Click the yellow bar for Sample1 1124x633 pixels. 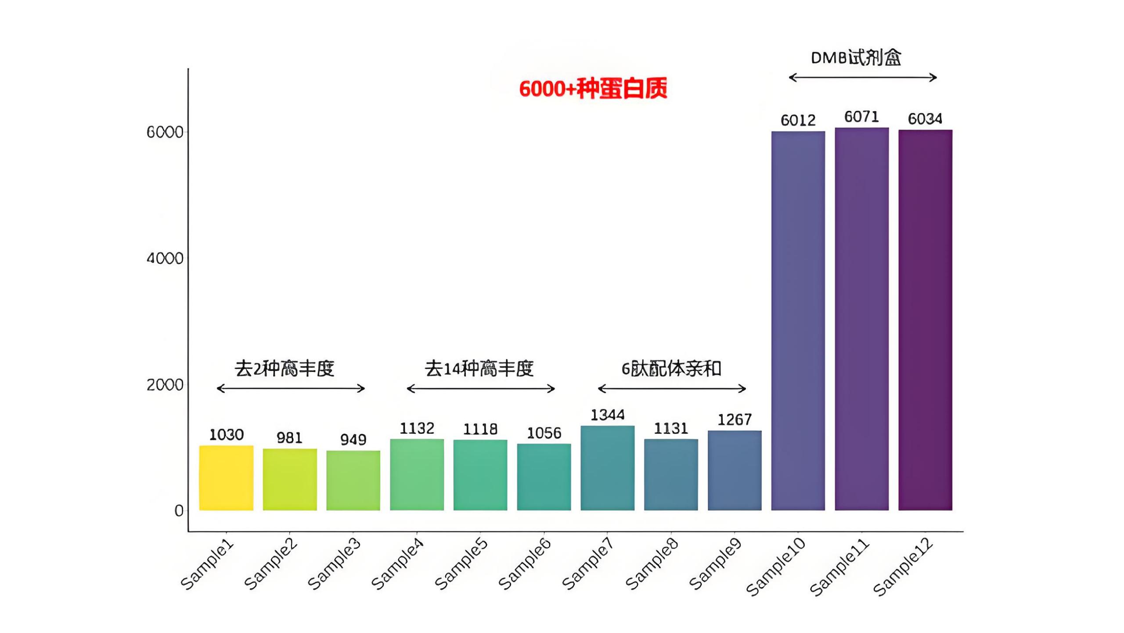click(x=226, y=478)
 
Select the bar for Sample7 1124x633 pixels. click(x=607, y=468)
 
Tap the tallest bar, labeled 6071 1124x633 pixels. click(x=861, y=319)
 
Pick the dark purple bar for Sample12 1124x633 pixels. click(x=925, y=320)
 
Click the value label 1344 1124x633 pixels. click(x=607, y=415)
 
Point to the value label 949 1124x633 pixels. click(x=353, y=440)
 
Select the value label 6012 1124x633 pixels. click(x=798, y=120)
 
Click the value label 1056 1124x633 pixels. click(x=544, y=433)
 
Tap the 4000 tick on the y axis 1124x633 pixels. click(x=165, y=258)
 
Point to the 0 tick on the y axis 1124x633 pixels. click(x=179, y=511)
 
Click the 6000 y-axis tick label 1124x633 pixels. click(x=165, y=132)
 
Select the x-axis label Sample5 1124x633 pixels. click(x=461, y=564)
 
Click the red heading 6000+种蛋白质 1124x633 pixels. click(x=593, y=88)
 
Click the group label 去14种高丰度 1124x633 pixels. click(x=479, y=368)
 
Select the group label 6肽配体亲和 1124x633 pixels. click(x=671, y=368)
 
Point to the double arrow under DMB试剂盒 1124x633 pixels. click(x=863, y=78)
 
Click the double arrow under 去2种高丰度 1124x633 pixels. click(x=291, y=388)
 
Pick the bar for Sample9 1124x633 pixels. click(x=734, y=470)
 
